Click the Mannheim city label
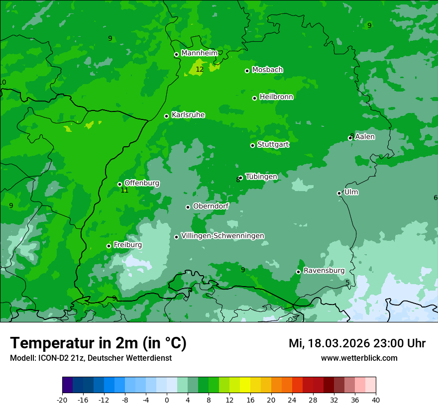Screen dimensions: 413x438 click(x=199, y=53)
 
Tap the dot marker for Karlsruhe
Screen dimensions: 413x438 click(x=167, y=116)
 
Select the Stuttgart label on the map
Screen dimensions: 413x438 click(x=273, y=145)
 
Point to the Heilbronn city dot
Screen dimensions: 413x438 click(x=254, y=98)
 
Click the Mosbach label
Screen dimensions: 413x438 click(x=267, y=70)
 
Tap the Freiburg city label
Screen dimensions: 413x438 click(x=127, y=245)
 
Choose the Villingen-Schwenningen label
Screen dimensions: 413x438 click(x=222, y=236)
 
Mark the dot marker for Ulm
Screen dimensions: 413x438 click(x=339, y=193)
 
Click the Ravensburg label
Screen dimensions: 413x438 click(x=324, y=271)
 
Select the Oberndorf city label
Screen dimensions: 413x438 click(x=211, y=206)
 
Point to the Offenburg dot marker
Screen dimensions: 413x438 click(x=119, y=184)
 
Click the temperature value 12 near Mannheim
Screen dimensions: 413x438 click(x=200, y=70)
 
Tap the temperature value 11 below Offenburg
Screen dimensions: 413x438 click(x=125, y=191)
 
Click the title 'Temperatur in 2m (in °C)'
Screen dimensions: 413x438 click(x=98, y=343)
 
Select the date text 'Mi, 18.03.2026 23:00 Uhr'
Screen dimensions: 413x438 click(x=357, y=343)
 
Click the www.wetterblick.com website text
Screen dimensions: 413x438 click(x=359, y=358)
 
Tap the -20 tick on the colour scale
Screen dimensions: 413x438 click(x=62, y=400)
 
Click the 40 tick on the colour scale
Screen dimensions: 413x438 click(x=376, y=400)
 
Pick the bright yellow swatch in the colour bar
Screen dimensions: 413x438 click(x=245, y=385)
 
